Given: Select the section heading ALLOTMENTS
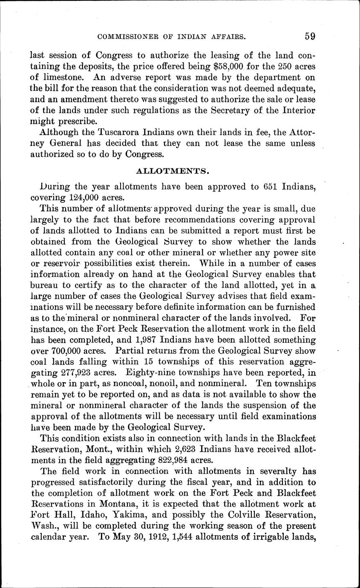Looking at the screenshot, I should point(173,171).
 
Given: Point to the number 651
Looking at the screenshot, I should point(266,187).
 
